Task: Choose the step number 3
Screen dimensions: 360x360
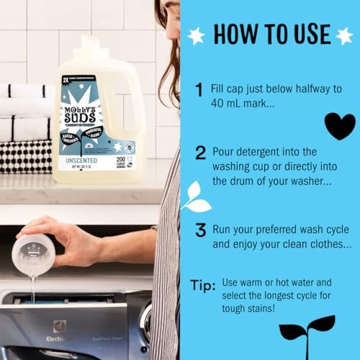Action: point(199,230)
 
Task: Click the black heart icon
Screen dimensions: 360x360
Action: point(338,126)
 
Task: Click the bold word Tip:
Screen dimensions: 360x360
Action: point(202,286)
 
